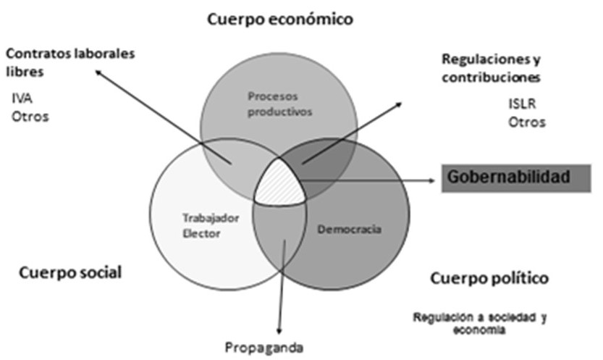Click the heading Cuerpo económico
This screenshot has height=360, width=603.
click(x=280, y=20)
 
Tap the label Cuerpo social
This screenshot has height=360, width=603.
click(x=70, y=272)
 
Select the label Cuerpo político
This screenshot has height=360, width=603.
click(x=489, y=278)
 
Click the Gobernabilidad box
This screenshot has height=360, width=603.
click(x=517, y=177)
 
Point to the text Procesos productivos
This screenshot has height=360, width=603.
click(x=279, y=104)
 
